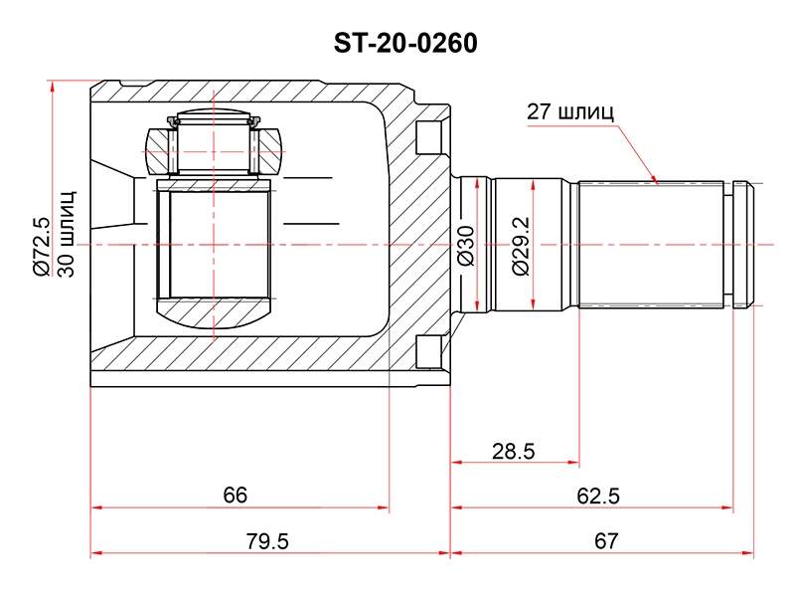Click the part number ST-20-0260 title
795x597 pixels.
[405, 43]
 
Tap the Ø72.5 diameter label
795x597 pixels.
[42, 246]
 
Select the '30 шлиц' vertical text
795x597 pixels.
[67, 234]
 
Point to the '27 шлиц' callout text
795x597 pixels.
[569, 111]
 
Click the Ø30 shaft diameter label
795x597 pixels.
[466, 246]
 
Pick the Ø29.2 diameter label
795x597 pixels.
[521, 246]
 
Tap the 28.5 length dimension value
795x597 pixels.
[513, 451]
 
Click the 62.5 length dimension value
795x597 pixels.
[598, 496]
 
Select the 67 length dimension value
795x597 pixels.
[606, 541]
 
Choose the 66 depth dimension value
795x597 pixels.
[235, 495]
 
